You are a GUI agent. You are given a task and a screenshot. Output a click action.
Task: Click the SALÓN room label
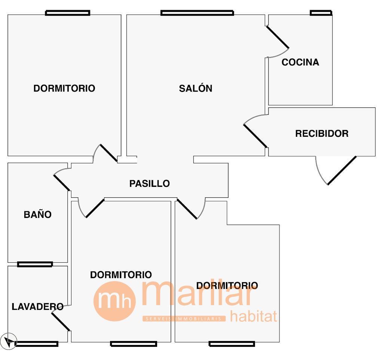(196, 89)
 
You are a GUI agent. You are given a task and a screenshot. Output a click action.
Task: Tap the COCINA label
(300, 62)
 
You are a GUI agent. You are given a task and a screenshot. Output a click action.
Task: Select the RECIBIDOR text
(322, 133)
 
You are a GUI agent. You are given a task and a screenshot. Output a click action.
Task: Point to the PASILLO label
(150, 184)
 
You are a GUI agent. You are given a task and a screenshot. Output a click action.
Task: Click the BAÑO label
(37, 215)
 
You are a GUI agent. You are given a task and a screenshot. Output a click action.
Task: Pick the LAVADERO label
(37, 307)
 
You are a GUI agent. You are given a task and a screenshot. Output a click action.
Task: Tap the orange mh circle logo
(114, 301)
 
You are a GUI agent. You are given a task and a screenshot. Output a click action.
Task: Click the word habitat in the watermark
(254, 316)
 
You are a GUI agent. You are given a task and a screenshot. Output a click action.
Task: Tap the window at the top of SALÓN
(197, 13)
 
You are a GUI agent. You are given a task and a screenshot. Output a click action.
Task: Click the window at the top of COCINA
(321, 13)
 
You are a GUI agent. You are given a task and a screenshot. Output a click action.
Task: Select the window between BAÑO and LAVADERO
(35, 264)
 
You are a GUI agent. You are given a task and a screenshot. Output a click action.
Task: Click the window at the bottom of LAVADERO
(36, 344)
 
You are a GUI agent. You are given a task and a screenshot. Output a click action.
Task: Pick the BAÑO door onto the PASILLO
(62, 181)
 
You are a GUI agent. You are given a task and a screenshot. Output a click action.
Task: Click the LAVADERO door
(61, 320)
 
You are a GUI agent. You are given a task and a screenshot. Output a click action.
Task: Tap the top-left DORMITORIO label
(64, 89)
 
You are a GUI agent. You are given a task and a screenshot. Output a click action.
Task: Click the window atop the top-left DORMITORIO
(68, 13)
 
